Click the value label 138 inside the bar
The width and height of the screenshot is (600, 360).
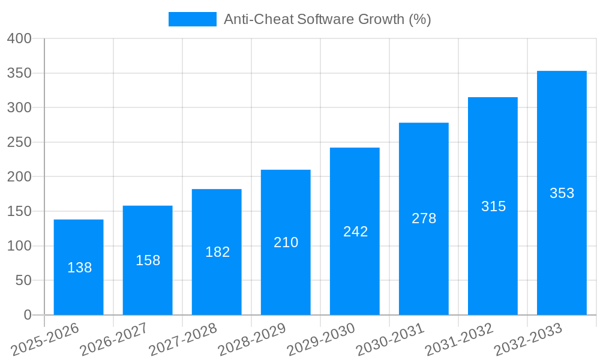(79, 268)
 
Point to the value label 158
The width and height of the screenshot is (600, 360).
(148, 260)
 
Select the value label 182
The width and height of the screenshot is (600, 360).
(217, 252)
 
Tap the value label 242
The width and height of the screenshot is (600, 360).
(355, 232)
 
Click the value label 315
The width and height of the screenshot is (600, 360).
(493, 206)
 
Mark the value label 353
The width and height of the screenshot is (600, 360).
(562, 193)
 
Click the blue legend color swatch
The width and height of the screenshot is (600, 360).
(192, 19)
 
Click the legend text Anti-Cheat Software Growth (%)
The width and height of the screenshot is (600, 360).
(327, 19)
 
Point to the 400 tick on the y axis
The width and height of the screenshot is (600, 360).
(19, 38)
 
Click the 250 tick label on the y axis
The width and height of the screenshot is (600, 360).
(19, 142)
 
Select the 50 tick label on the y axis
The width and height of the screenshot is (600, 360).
(23, 280)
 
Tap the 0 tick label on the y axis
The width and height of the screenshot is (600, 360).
(28, 315)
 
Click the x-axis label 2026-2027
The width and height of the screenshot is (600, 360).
(114, 339)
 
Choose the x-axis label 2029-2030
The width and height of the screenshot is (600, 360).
(321, 339)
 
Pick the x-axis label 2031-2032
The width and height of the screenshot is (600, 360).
(459, 339)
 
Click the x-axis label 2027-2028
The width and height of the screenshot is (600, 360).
(183, 339)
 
